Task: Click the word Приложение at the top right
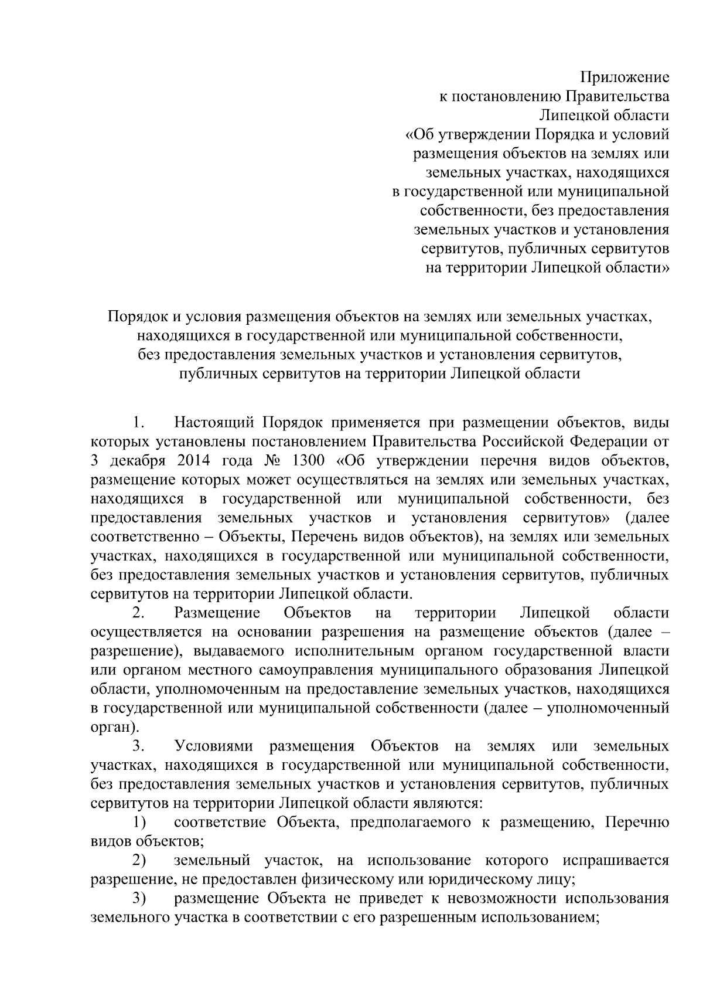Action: click(x=624, y=77)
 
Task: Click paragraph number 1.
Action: click(x=138, y=422)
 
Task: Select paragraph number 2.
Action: click(x=138, y=613)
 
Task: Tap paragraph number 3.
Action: click(x=138, y=747)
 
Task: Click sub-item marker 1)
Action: click(x=139, y=823)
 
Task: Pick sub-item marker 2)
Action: click(x=139, y=861)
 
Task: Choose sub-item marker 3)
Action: click(x=139, y=899)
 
